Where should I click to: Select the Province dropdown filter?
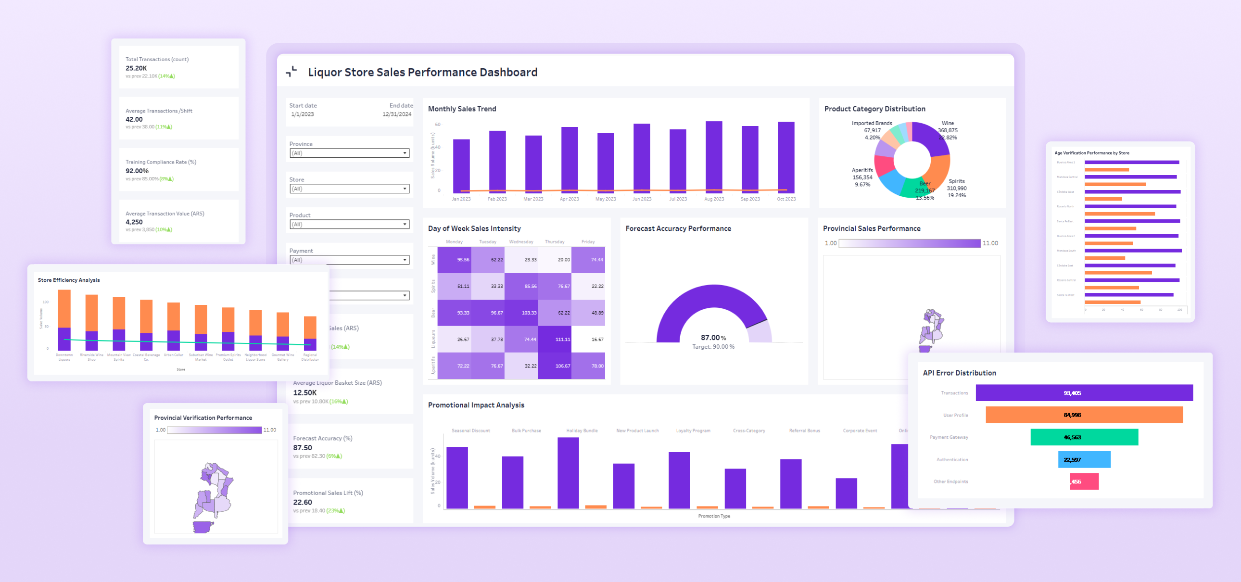tap(349, 153)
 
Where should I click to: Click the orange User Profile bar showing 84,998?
tap(1083, 415)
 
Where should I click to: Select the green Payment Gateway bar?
tap(1083, 437)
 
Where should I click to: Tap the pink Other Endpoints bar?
tap(1084, 481)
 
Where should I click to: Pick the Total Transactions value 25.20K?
tap(136, 68)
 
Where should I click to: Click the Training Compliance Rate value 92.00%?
tap(137, 171)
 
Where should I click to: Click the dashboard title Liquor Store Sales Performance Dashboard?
tap(422, 72)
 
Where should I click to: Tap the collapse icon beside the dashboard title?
tap(291, 72)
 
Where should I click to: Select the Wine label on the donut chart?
tap(948, 123)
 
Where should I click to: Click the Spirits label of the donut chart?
tap(956, 181)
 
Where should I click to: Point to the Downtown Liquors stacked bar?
tap(64, 319)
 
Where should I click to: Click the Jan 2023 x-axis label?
tap(461, 199)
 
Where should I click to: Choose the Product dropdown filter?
tap(349, 225)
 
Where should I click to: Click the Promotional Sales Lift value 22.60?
tap(303, 502)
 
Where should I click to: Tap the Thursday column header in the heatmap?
tap(554, 242)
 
